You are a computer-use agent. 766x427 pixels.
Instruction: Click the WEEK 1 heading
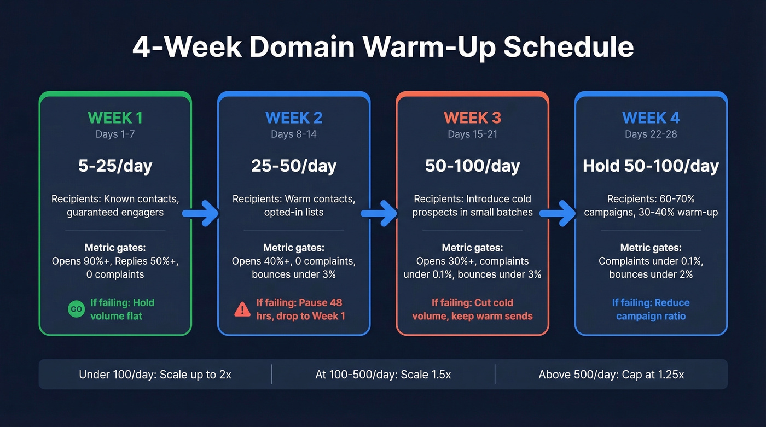pyautogui.click(x=115, y=118)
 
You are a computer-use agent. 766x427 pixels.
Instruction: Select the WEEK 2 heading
pyautogui.click(x=294, y=118)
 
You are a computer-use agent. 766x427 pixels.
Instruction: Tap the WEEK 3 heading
pyautogui.click(x=472, y=118)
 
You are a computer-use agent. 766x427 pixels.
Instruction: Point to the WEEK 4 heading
pyautogui.click(x=651, y=118)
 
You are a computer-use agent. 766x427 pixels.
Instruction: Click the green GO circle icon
pyautogui.click(x=76, y=309)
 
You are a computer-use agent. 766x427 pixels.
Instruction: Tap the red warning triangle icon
pyautogui.click(x=242, y=309)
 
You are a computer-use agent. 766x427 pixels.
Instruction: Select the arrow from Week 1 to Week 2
pyautogui.click(x=201, y=213)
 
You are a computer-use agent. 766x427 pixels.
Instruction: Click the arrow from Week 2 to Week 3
pyautogui.click(x=380, y=213)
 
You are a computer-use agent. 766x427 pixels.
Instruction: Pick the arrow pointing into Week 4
pyautogui.click(x=558, y=213)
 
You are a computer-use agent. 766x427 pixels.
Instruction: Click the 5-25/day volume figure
pyautogui.click(x=115, y=166)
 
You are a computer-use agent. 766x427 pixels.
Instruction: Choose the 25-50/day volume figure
pyautogui.click(x=294, y=166)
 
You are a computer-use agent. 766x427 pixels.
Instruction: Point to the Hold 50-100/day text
pyautogui.click(x=651, y=166)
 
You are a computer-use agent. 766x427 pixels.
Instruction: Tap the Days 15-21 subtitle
pyautogui.click(x=472, y=134)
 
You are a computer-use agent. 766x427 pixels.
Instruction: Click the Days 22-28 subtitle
pyautogui.click(x=651, y=134)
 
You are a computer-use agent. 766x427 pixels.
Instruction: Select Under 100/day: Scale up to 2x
pyautogui.click(x=155, y=375)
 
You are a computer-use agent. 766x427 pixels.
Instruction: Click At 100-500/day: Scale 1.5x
pyautogui.click(x=383, y=375)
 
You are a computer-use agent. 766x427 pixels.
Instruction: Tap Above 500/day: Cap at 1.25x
pyautogui.click(x=611, y=375)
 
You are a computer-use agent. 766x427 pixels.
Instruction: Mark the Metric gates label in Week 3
pyautogui.click(x=472, y=248)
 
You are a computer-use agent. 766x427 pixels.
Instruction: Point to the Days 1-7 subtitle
pyautogui.click(x=115, y=134)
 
